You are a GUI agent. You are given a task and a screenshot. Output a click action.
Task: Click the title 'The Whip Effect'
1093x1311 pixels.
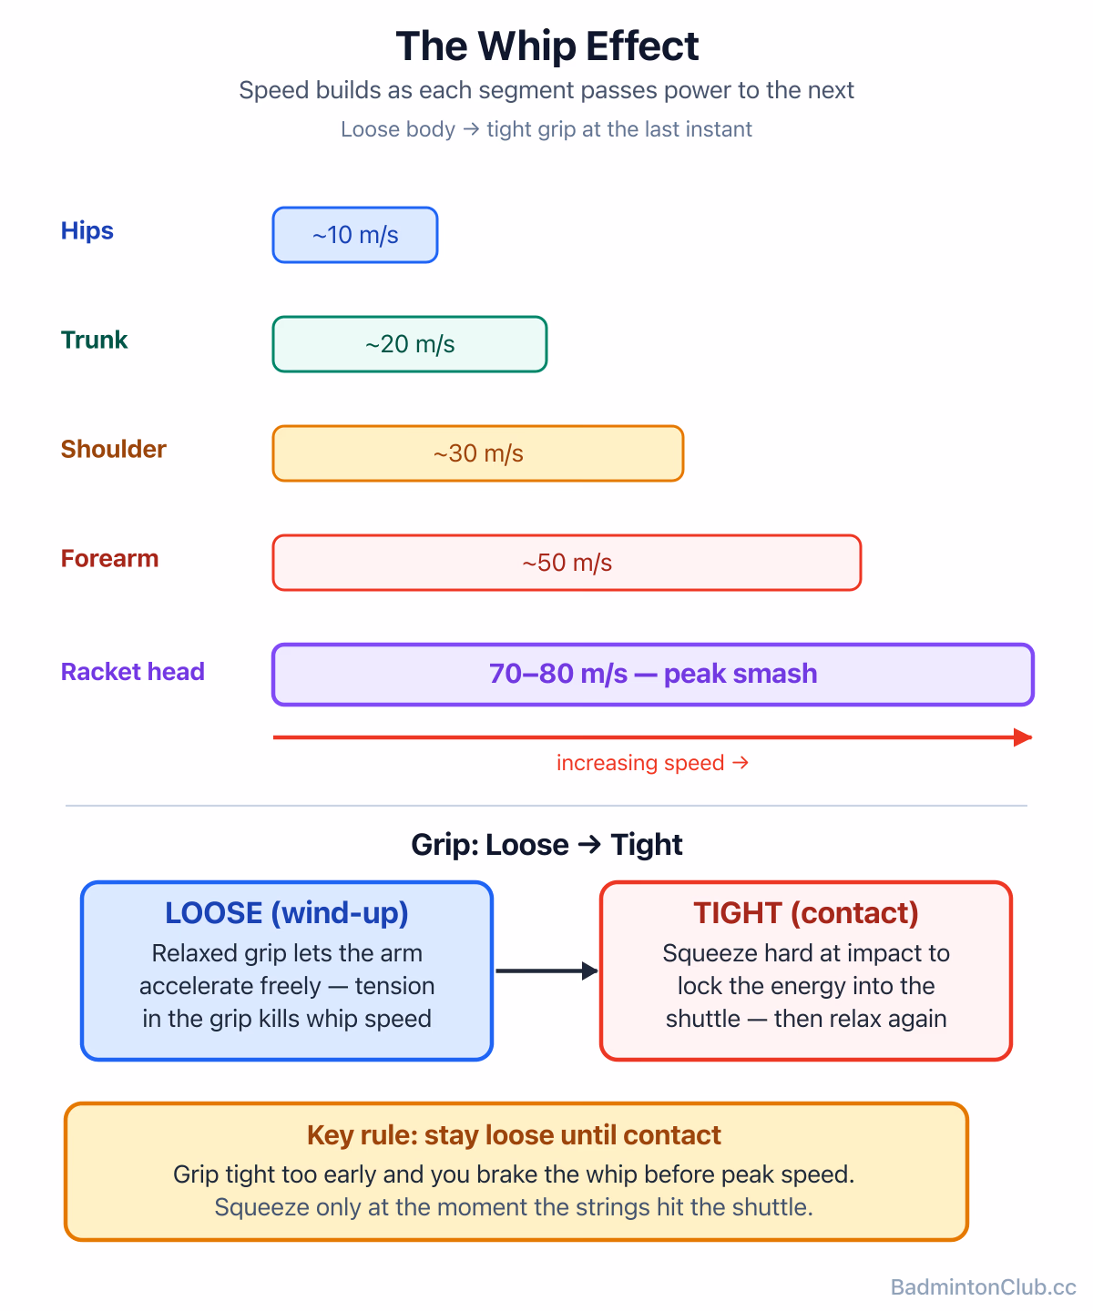tap(546, 46)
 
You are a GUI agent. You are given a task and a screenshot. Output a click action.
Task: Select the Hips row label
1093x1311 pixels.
tap(87, 230)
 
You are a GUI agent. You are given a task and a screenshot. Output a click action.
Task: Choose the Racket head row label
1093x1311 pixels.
tap(133, 671)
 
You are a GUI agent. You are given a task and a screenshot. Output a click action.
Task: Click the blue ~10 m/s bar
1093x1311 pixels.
tap(355, 234)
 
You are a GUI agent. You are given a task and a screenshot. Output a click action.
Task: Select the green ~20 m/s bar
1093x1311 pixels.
tap(410, 343)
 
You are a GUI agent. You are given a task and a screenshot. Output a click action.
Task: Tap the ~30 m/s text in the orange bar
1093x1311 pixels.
tap(478, 452)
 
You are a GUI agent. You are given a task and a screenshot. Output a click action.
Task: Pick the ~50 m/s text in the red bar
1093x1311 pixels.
tap(567, 562)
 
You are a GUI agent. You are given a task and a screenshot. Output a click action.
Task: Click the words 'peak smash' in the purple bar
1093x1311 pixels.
tap(740, 673)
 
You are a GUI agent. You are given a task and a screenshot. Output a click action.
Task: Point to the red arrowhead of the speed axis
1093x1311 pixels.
tap(1023, 737)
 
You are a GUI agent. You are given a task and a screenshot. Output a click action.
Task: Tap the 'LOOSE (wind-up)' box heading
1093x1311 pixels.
tap(286, 912)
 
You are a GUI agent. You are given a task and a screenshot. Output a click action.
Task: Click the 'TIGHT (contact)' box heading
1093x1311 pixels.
tap(805, 912)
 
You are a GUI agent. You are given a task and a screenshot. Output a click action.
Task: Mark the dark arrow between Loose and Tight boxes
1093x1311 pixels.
tap(546, 971)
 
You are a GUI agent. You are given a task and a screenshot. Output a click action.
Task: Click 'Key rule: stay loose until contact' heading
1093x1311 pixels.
tap(513, 1134)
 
